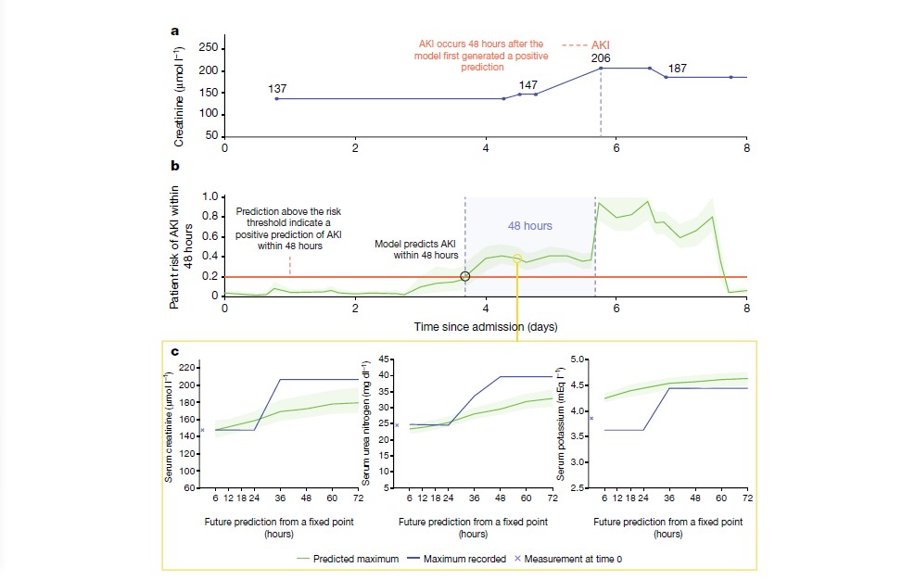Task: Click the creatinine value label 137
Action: pyautogui.click(x=277, y=89)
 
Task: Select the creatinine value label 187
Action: pyautogui.click(x=678, y=69)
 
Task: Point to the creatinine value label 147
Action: pyautogui.click(x=528, y=84)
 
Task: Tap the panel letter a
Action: pyautogui.click(x=174, y=30)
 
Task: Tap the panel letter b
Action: pyautogui.click(x=174, y=167)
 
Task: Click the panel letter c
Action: pyautogui.click(x=174, y=351)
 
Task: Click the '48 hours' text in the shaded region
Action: pyautogui.click(x=529, y=225)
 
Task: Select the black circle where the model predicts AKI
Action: pyautogui.click(x=464, y=275)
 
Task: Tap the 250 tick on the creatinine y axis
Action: pyautogui.click(x=209, y=48)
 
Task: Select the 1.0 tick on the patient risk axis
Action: pyautogui.click(x=210, y=197)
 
